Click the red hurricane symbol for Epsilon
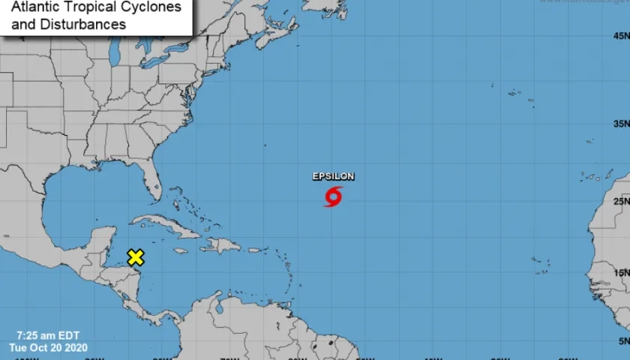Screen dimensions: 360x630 [x=334, y=196]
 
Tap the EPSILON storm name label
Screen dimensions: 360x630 [x=334, y=176]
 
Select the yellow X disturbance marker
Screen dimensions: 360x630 [x=135, y=258]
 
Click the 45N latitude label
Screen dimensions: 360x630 [x=620, y=36]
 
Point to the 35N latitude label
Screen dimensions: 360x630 [x=620, y=124]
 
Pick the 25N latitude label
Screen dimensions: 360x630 [x=620, y=202]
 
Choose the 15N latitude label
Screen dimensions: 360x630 [x=620, y=273]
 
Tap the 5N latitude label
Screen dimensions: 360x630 [x=622, y=341]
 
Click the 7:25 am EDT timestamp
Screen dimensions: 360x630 [x=48, y=335]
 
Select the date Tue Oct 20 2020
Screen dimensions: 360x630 [x=49, y=347]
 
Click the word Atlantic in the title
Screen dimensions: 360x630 [x=36, y=7]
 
